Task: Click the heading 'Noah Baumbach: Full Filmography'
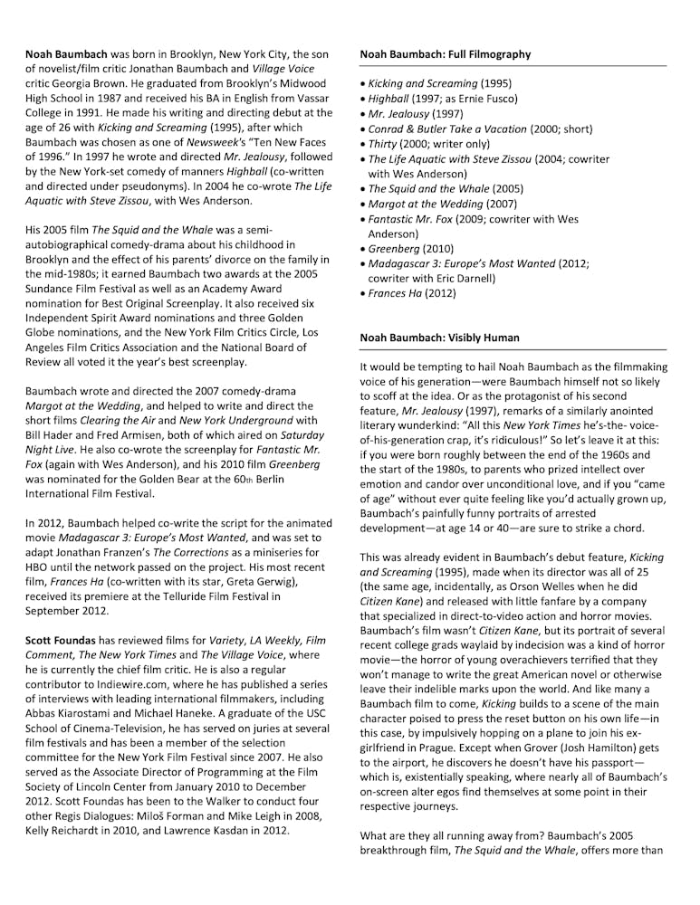pos(445,54)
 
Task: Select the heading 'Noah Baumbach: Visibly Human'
pos(439,338)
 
